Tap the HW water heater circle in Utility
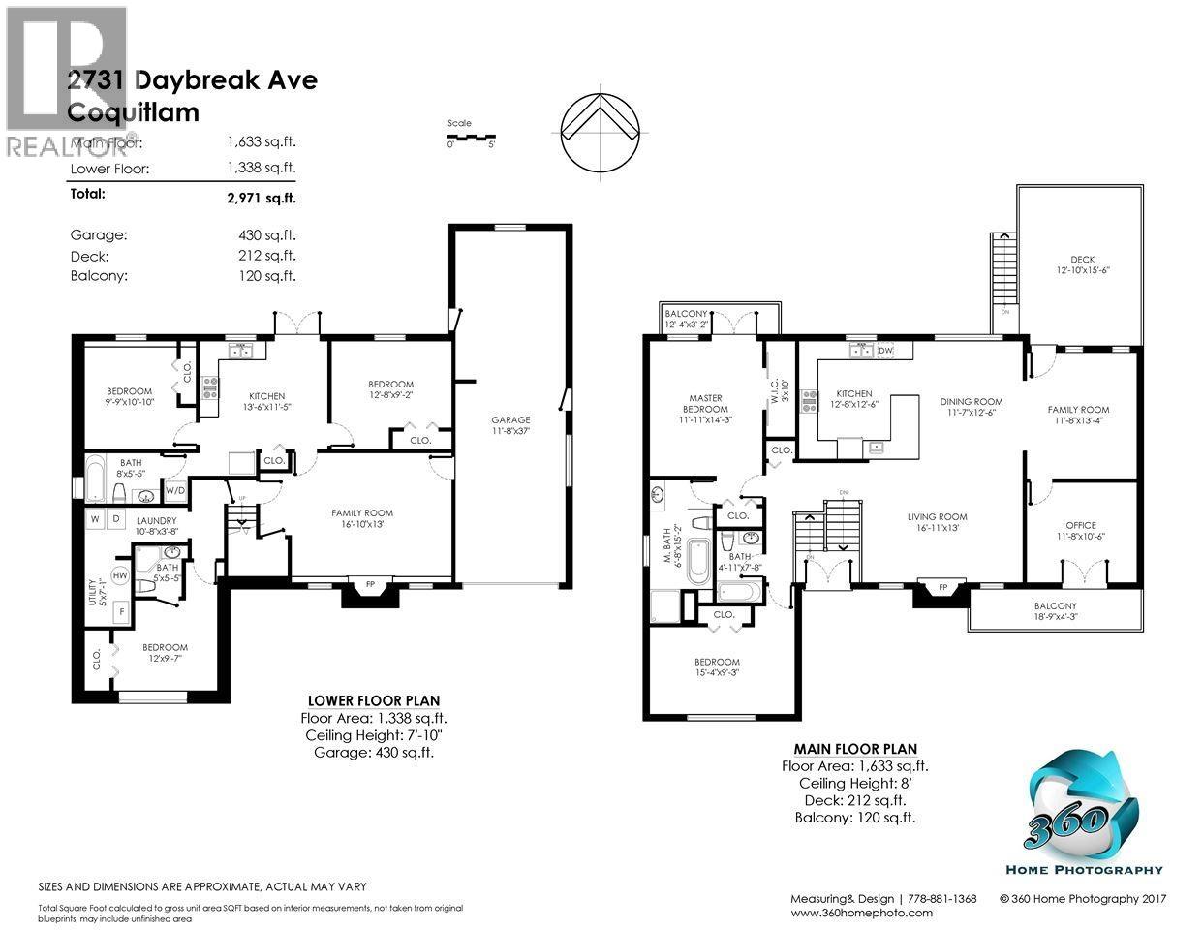121,575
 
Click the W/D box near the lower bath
175,491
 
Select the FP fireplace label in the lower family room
368,585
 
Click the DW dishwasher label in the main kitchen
884,350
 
